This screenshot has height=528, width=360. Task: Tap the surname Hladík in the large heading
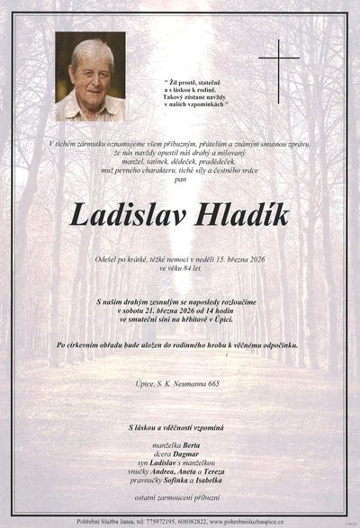(242, 217)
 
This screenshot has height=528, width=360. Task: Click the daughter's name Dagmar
(187, 456)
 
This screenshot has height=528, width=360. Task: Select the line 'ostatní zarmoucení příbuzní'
(180, 508)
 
